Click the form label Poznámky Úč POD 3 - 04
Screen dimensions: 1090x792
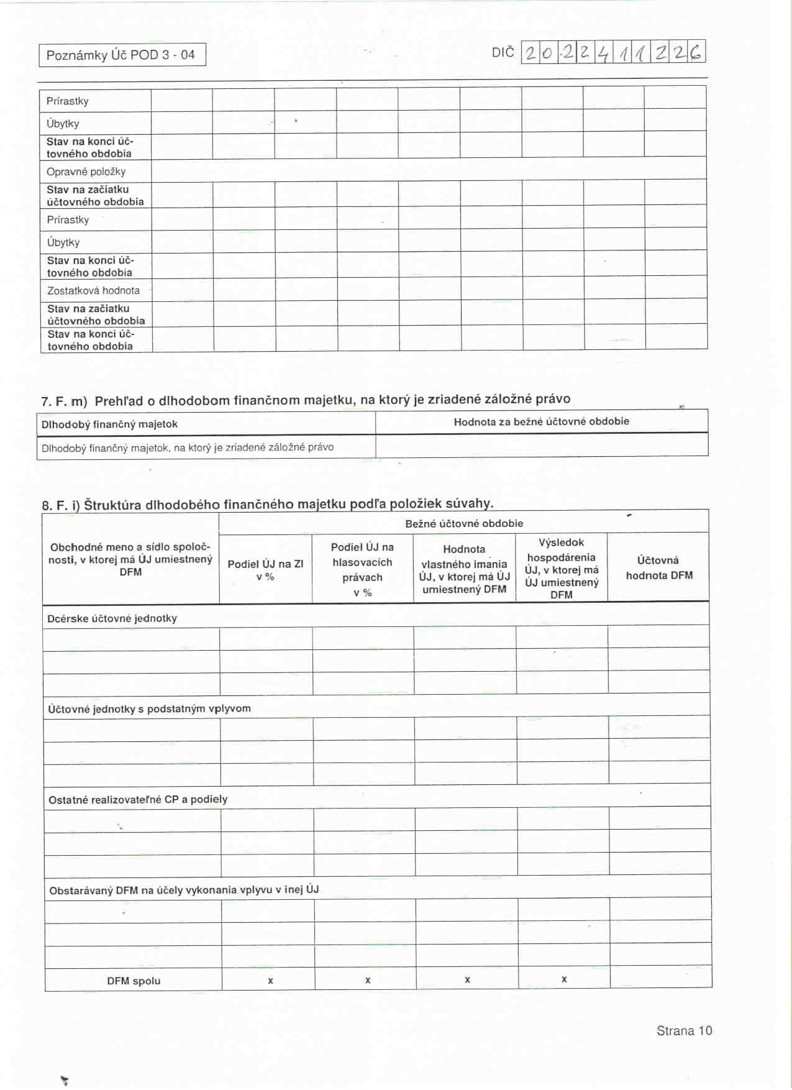tap(121, 55)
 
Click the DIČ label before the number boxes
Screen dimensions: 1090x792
tap(503, 53)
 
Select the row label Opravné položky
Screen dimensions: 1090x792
tap(86, 172)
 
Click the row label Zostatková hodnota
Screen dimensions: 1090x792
tap(93, 290)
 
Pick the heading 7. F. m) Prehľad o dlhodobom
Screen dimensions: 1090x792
tap(305, 400)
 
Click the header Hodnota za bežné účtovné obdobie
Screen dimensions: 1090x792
tap(541, 421)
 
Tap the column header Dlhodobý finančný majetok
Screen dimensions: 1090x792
tap(109, 424)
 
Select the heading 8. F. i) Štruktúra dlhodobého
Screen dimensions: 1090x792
tap(267, 504)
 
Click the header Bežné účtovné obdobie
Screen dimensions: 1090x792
tap(463, 523)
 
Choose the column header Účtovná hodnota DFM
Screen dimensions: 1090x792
tap(658, 567)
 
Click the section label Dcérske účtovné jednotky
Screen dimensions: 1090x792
tap(112, 618)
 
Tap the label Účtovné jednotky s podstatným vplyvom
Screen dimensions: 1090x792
tap(149, 708)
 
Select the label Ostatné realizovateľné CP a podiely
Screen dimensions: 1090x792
tap(138, 799)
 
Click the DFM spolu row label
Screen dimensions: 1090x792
tap(134, 981)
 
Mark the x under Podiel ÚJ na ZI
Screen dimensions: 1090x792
tap(270, 981)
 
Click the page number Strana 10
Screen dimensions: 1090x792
tap(684, 1030)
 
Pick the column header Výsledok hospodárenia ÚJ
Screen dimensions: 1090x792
tap(561, 568)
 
